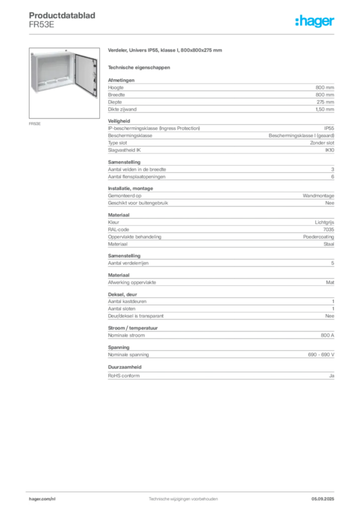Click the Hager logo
click(x=315, y=21)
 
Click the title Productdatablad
click(x=62, y=15)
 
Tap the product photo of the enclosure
click(x=64, y=83)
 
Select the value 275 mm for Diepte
click(x=325, y=102)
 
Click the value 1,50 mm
click(x=325, y=109)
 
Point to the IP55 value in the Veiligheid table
click(x=329, y=128)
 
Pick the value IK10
click(x=330, y=150)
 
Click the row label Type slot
click(x=117, y=143)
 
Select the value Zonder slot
click(x=322, y=143)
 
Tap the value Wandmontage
click(x=318, y=196)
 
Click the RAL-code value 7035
click(x=329, y=230)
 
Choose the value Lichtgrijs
click(x=324, y=222)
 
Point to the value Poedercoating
click(x=318, y=237)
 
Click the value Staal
click(x=329, y=244)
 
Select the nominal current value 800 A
click(x=327, y=336)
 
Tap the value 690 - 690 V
click(x=321, y=355)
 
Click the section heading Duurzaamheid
click(x=125, y=367)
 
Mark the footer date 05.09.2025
click(x=323, y=499)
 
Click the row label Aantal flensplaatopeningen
click(x=137, y=176)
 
